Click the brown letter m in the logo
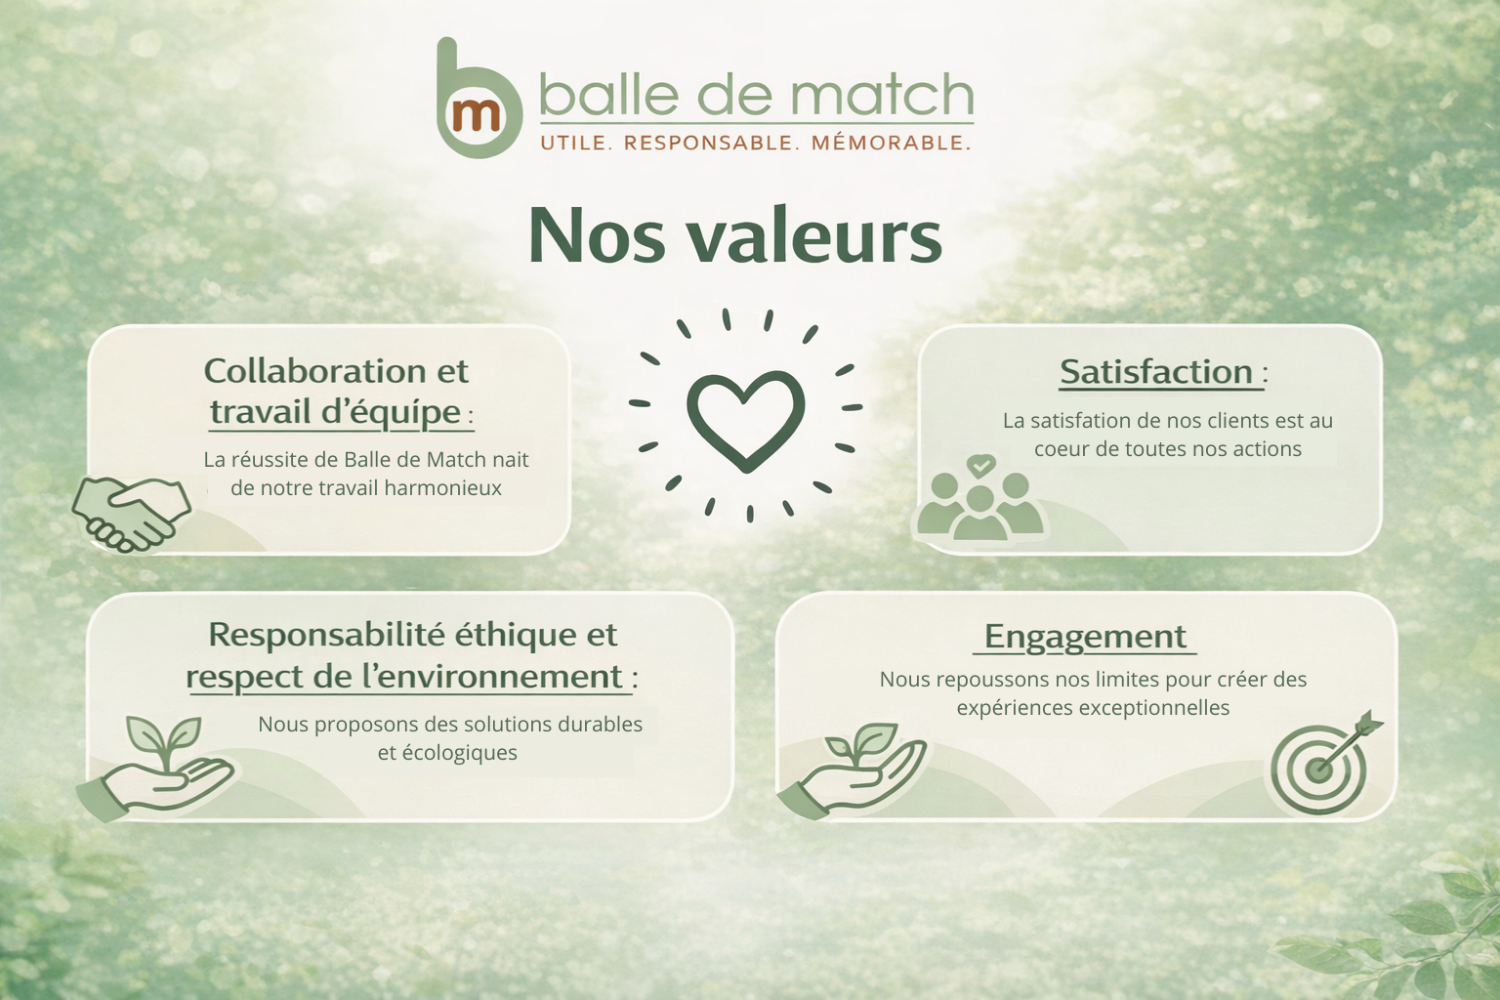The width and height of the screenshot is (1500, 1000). tap(477, 116)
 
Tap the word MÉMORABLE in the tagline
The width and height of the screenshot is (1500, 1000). tap(891, 144)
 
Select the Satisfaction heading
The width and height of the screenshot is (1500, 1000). tap(1156, 372)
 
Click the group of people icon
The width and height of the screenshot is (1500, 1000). tap(980, 498)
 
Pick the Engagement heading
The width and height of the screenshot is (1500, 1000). tap(1085, 637)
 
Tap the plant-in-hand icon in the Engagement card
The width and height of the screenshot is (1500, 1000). tap(853, 769)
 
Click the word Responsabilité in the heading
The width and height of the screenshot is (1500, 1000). tap(327, 635)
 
